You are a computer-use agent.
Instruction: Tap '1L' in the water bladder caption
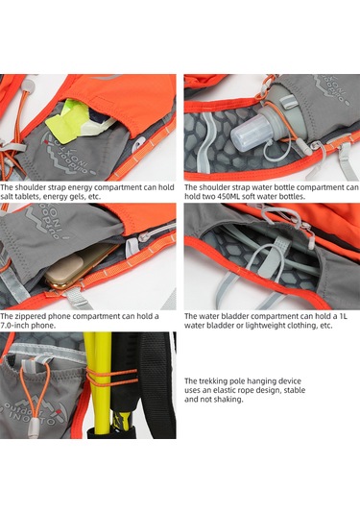(x=344, y=316)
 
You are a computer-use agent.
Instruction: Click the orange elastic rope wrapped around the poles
(x=112, y=378)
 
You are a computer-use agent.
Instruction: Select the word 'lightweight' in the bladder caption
(x=261, y=326)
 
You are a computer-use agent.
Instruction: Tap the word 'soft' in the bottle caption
(x=248, y=197)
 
